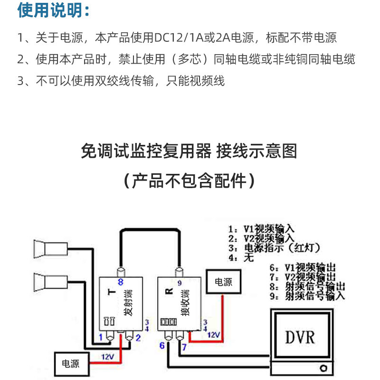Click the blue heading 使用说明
tap(53, 10)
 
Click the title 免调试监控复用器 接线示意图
tap(190, 152)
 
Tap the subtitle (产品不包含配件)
tap(190, 181)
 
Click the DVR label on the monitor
tap(300, 337)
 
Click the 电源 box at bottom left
tap(71, 363)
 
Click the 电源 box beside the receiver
tap(224, 282)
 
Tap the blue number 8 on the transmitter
tap(120, 282)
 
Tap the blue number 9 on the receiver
tap(179, 284)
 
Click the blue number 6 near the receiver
tap(162, 346)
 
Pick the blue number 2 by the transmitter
tap(137, 338)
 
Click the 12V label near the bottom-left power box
tap(107, 357)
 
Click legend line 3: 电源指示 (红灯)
tap(274, 248)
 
